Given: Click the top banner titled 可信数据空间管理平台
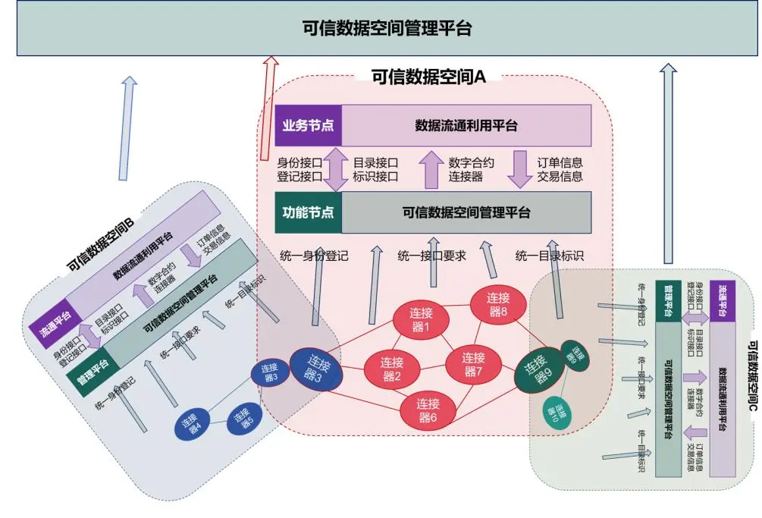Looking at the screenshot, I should [387, 29].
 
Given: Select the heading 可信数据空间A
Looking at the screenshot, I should [428, 76].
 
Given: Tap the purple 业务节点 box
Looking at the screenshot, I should [308, 125].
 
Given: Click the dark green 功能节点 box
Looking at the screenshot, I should [308, 212].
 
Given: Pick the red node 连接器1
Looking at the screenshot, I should [421, 319].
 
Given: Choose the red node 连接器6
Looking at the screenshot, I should [428, 410].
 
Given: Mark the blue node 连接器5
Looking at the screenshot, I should [243, 418].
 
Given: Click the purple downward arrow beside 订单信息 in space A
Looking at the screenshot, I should [519, 168].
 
